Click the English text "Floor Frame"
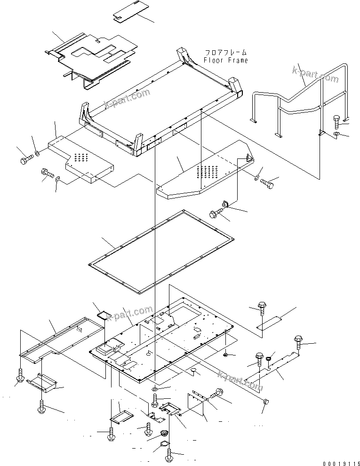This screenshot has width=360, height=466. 225,60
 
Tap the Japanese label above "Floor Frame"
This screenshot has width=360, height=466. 225,53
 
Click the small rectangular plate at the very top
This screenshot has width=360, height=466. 127,14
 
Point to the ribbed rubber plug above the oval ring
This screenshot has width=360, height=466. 164,433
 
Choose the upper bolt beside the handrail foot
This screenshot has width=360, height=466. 338,121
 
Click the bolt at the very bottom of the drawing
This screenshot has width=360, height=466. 169,455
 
